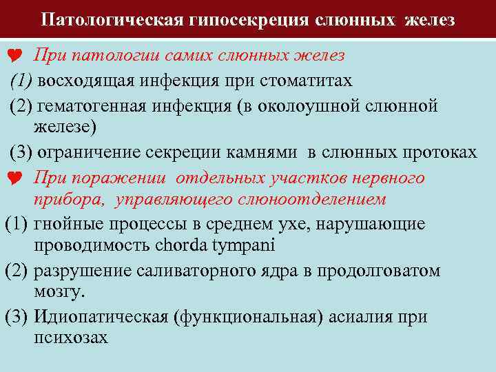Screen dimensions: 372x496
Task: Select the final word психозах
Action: pyautogui.click(x=70, y=338)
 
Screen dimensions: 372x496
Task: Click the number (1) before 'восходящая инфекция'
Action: pyautogui.click(x=20, y=81)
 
